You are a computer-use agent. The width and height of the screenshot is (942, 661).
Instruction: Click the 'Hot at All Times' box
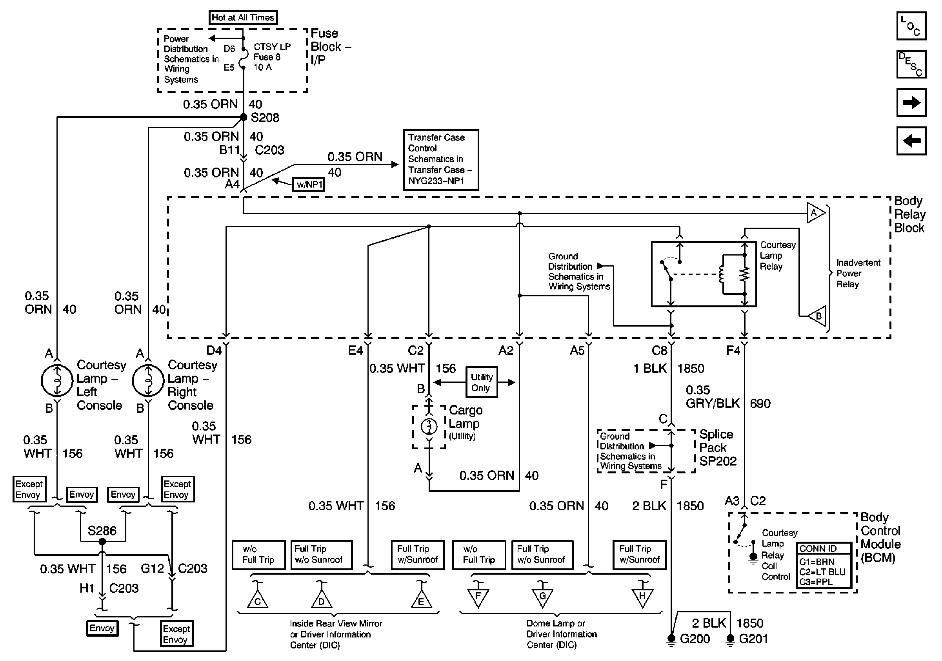point(243,18)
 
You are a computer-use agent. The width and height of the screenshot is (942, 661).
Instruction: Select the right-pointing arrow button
point(912,102)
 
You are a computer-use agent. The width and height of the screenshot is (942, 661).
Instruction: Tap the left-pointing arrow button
point(912,141)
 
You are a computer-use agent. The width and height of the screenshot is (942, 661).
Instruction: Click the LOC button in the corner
point(912,26)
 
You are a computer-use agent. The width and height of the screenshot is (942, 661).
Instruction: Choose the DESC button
point(912,64)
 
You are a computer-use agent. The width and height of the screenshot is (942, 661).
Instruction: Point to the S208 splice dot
point(243,117)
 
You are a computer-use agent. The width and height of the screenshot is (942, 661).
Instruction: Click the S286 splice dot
point(103,542)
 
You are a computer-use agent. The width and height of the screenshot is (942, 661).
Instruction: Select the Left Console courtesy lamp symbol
point(57,381)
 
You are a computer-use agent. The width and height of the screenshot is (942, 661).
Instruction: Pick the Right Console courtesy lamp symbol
point(148,381)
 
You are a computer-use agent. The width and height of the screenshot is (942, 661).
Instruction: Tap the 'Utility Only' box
point(481,382)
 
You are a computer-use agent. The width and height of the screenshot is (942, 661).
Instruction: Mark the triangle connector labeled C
point(258,599)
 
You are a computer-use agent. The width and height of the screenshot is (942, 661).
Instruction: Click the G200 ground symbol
point(671,640)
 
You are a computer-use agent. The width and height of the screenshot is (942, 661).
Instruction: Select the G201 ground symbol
point(730,640)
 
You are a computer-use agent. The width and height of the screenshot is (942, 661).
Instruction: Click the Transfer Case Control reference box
point(441,160)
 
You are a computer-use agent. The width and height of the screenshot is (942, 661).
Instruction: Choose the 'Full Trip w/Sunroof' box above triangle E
point(417,555)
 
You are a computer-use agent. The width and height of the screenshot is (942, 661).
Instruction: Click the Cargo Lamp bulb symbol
point(429,427)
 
